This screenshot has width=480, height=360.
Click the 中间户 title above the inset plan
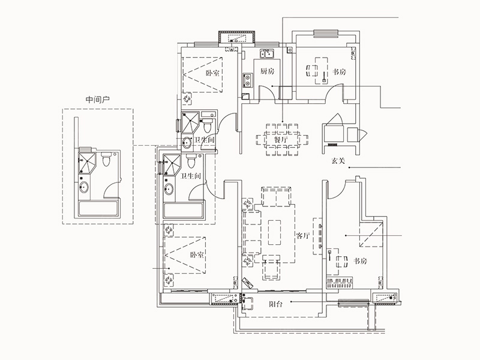coord(97,100)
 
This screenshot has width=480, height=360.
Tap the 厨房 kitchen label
coord(267,71)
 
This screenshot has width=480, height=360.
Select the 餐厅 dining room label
coord(281,140)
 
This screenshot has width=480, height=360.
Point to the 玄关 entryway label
coord(338,160)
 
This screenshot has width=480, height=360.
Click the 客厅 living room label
coord(303,235)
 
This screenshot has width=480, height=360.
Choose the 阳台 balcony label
coord(275,304)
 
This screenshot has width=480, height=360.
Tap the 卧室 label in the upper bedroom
coord(212,73)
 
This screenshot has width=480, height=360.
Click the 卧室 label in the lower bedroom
coord(197,254)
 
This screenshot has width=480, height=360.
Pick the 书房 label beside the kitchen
coord(339,72)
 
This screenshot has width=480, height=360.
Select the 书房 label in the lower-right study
coord(359,261)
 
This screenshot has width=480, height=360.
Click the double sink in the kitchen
coord(267,53)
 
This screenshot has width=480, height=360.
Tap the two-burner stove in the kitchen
coord(248,80)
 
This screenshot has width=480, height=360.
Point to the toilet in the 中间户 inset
coord(106,159)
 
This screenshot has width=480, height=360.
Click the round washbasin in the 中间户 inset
coord(83,187)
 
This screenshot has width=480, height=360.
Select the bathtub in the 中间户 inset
coord(98,209)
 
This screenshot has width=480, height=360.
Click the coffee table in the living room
coord(275,232)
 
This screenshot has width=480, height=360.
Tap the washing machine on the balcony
coord(247,304)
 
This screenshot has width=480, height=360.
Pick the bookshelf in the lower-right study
coord(339,283)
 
